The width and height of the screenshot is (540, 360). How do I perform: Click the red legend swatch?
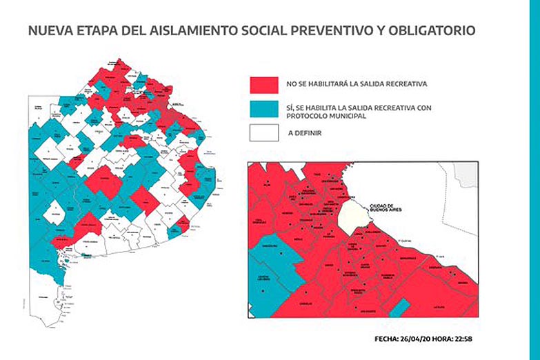[264, 84]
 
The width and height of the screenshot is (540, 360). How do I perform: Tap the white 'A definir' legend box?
[264, 132]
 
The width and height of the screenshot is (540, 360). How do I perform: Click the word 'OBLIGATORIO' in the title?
[431, 31]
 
